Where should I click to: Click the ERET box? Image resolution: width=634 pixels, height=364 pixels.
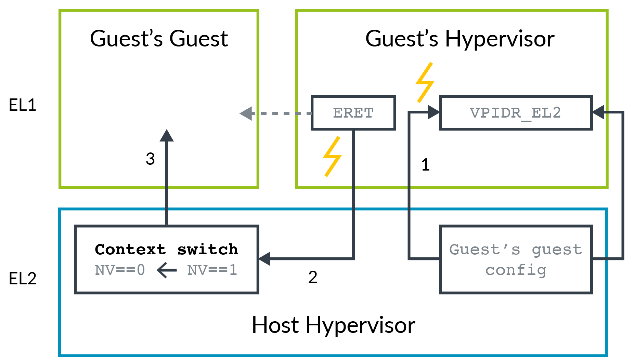[x=353, y=113]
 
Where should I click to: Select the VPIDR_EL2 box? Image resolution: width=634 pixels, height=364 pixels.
[x=516, y=113]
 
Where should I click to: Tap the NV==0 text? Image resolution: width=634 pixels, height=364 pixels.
[x=120, y=270]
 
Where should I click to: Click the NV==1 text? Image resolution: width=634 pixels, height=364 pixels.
[x=212, y=270]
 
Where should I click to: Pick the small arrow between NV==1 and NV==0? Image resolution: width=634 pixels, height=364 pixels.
[x=167, y=270]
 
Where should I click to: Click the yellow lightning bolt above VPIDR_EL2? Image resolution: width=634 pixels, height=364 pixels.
[x=425, y=82]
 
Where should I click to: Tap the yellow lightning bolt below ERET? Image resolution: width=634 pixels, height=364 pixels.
[x=332, y=157]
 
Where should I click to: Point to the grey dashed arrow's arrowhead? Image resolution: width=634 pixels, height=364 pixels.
[x=246, y=113]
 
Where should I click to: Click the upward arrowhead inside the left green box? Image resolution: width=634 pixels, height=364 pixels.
[x=167, y=135]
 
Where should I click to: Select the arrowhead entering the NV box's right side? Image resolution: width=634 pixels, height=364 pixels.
[x=264, y=259]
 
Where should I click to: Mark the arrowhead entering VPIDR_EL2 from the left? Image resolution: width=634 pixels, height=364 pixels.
[x=434, y=112]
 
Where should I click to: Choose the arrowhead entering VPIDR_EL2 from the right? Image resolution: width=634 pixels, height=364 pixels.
[x=598, y=112]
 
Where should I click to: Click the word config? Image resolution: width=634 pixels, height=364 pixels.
[x=516, y=270]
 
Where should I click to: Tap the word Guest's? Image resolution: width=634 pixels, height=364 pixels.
[x=484, y=250]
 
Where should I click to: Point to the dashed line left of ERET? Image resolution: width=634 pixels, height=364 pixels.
[x=282, y=113]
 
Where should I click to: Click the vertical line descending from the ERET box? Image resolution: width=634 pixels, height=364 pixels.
[x=353, y=191]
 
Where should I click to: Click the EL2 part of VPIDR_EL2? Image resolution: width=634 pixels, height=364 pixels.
[x=546, y=113]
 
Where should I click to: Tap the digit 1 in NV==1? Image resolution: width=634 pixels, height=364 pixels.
[x=233, y=270]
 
